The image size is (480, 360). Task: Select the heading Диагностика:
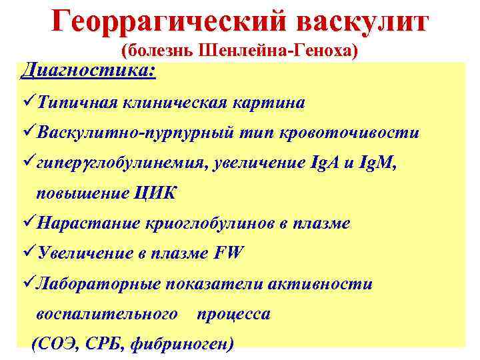tap(89, 69)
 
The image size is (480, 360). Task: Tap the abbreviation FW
tap(230, 254)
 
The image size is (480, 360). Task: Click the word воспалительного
tap(107, 314)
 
